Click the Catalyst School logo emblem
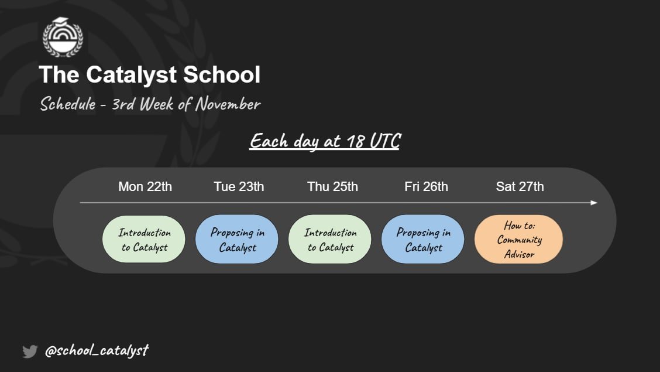click(63, 37)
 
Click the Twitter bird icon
click(30, 351)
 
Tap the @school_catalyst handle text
click(97, 351)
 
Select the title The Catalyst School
click(150, 75)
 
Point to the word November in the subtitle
click(228, 105)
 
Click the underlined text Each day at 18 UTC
click(324, 142)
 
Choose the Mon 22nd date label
click(145, 187)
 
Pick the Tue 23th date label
click(239, 187)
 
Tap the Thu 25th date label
click(332, 187)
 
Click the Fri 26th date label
click(426, 187)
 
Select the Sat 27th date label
click(520, 187)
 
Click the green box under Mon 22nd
click(144, 240)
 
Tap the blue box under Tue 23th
click(238, 240)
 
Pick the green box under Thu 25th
click(330, 240)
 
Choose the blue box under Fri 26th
click(423, 240)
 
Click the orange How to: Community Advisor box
click(519, 240)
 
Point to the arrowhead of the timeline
click(594, 203)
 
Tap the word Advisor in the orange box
click(519, 254)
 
